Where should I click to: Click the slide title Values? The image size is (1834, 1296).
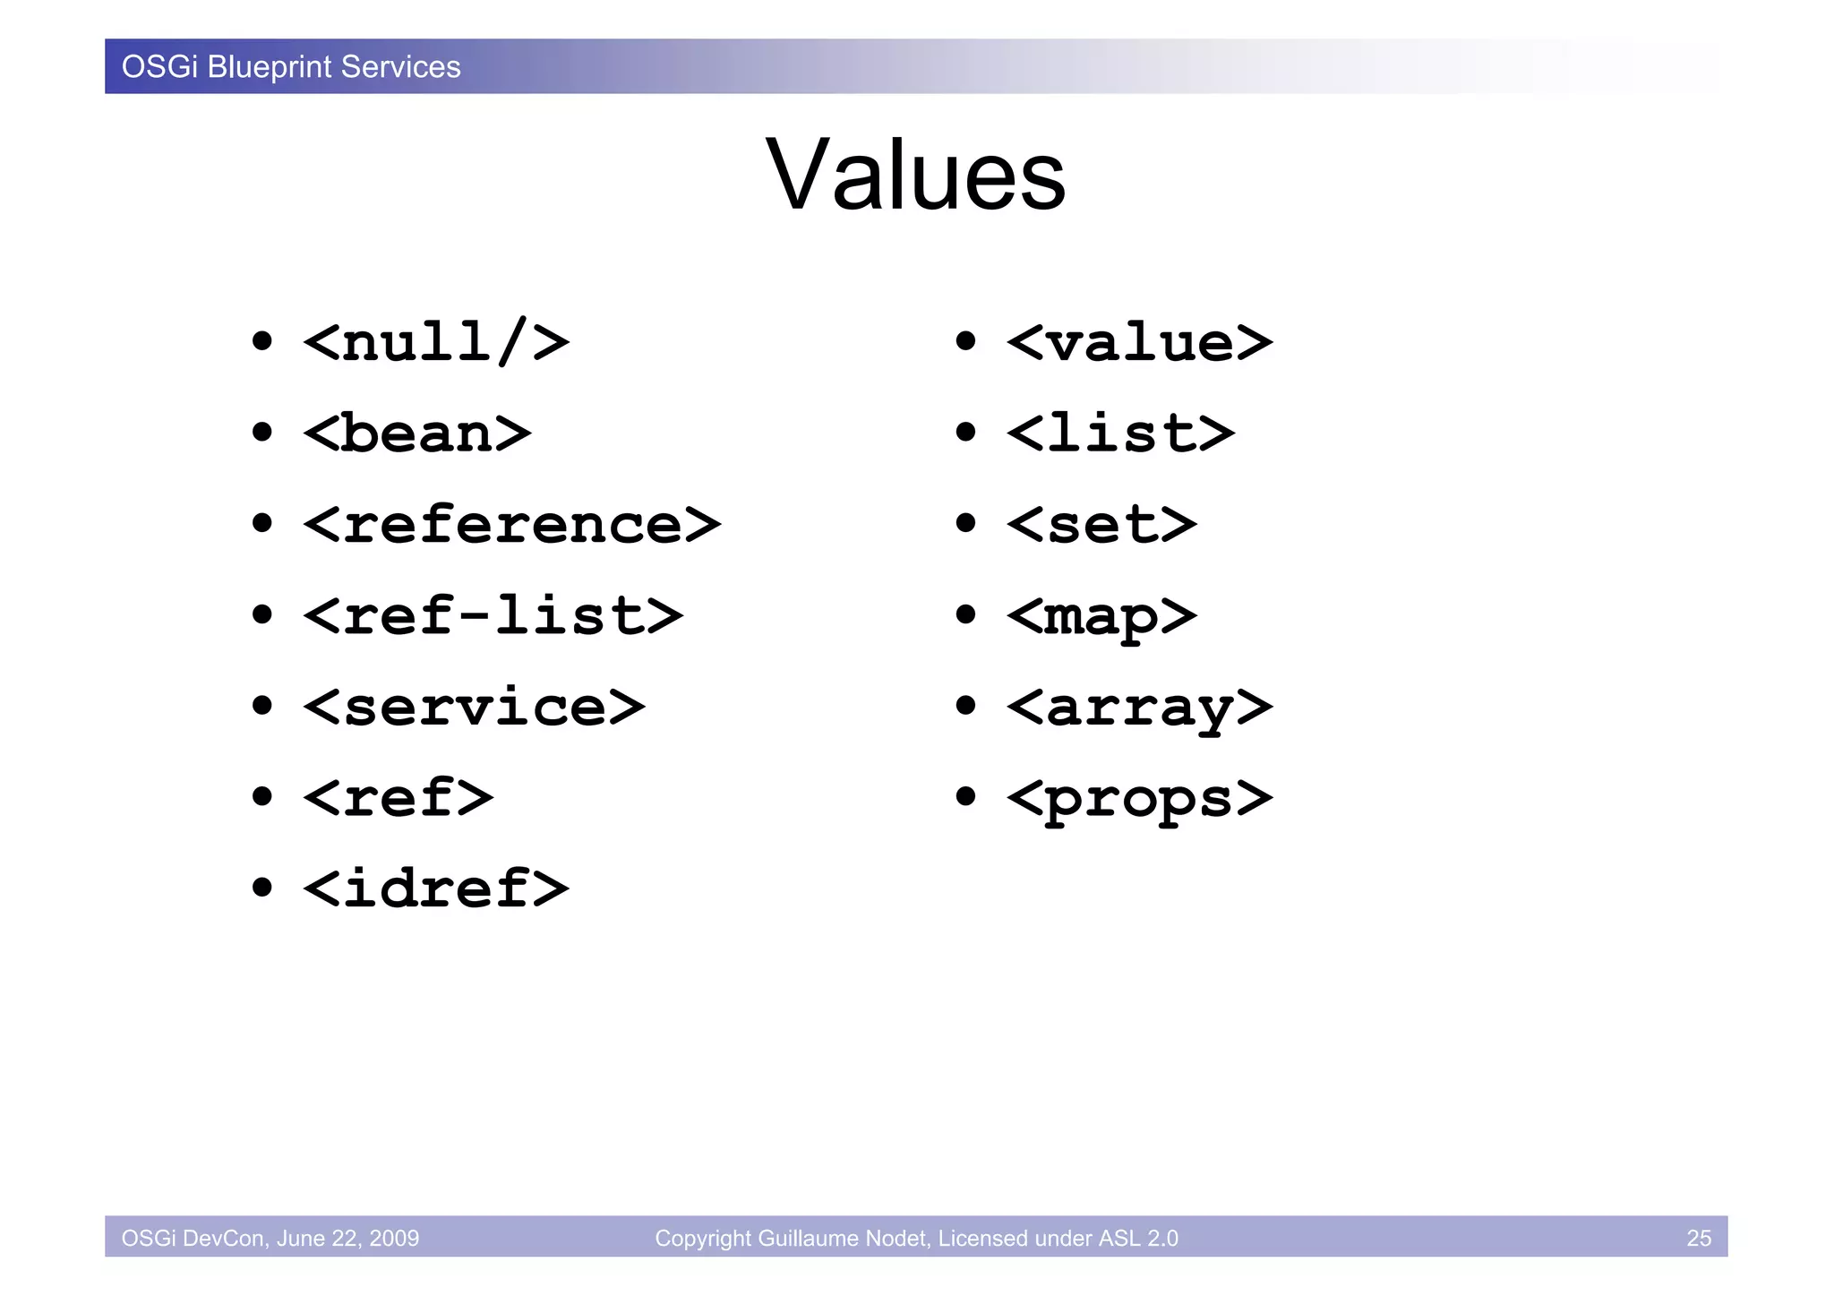tap(915, 175)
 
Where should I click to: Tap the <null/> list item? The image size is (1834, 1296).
tap(436, 342)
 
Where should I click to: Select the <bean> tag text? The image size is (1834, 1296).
tap(417, 433)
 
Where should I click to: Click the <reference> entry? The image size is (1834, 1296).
tap(511, 525)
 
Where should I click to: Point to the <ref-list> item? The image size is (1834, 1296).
tap(493, 616)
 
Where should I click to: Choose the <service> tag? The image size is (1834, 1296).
tap(474, 708)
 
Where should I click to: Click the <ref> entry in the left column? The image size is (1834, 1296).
tap(399, 798)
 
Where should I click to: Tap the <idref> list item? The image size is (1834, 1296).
tap(436, 889)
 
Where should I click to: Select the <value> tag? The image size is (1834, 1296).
tap(1139, 342)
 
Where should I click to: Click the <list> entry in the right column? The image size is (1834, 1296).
tap(1120, 433)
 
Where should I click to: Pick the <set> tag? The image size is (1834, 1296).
tap(1101, 525)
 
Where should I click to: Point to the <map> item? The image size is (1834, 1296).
tap(1101, 616)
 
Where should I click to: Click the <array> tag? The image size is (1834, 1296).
tap(1139, 708)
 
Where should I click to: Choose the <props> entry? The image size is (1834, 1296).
tap(1139, 798)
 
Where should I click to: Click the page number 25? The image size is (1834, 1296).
tap(1698, 1238)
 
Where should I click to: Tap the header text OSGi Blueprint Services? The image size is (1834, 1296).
tap(291, 67)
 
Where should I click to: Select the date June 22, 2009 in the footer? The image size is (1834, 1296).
tap(347, 1238)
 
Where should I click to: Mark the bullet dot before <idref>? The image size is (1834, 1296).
tap(261, 888)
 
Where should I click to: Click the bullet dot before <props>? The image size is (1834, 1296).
tap(964, 796)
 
